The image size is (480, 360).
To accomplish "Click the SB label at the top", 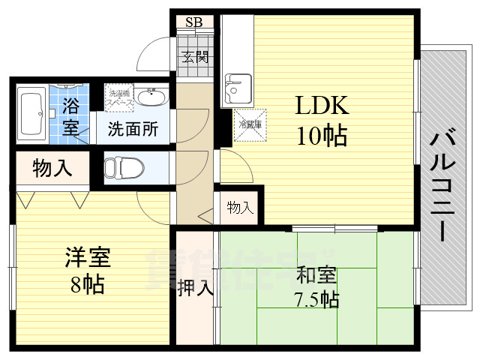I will tap(193, 22).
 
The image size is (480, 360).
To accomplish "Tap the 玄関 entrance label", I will tap(193, 56).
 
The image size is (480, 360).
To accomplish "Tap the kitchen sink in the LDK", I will tap(239, 86).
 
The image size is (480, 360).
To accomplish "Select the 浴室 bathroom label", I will tap(71, 115).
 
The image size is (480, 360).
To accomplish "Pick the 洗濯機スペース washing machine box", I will tap(118, 95).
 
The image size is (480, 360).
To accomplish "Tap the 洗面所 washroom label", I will tap(132, 129).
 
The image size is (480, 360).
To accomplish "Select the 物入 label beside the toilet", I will tap(52, 169).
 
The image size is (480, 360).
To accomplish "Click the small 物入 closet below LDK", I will tap(239, 208).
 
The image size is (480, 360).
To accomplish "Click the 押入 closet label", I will tap(196, 287).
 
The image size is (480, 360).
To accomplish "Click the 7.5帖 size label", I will tap(316, 299).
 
